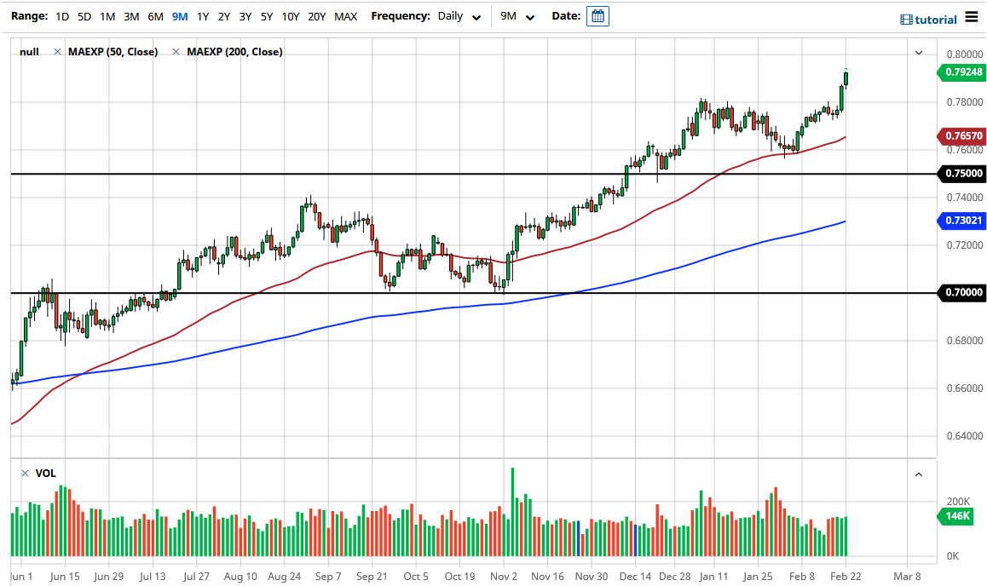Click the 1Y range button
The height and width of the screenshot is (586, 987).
[x=203, y=16]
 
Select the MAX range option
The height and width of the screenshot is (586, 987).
[x=346, y=16]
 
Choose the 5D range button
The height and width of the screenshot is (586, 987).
[x=84, y=16]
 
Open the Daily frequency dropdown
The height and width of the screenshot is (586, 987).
[x=459, y=16]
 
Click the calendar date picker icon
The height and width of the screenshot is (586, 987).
[x=597, y=16]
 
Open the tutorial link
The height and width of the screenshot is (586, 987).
[x=929, y=20]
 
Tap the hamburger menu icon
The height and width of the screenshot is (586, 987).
[x=972, y=17]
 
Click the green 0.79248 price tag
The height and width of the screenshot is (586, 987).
[x=963, y=72]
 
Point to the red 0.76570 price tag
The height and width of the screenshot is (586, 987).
[x=963, y=136]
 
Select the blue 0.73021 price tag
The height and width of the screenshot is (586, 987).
[x=963, y=221]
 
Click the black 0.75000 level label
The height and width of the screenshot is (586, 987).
[x=963, y=174]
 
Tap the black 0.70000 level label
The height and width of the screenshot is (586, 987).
[x=963, y=293]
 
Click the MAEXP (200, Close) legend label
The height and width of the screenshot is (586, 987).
[x=234, y=52]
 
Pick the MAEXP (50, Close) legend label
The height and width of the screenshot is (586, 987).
[x=113, y=52]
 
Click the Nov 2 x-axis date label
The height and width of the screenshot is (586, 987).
[x=504, y=576]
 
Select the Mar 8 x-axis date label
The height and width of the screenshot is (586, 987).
[x=907, y=576]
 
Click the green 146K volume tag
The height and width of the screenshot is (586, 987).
[x=960, y=516]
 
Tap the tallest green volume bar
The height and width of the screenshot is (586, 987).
[x=512, y=511]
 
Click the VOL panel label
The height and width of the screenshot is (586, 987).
[x=45, y=474]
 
